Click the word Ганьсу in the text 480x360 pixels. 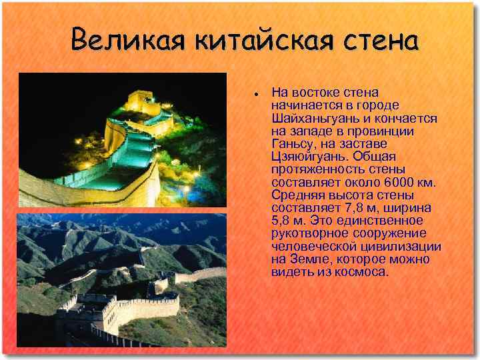[x=293, y=144]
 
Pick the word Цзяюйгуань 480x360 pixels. [x=309, y=157]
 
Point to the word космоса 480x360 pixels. [x=362, y=273]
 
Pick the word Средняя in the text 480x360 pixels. [x=296, y=195]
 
